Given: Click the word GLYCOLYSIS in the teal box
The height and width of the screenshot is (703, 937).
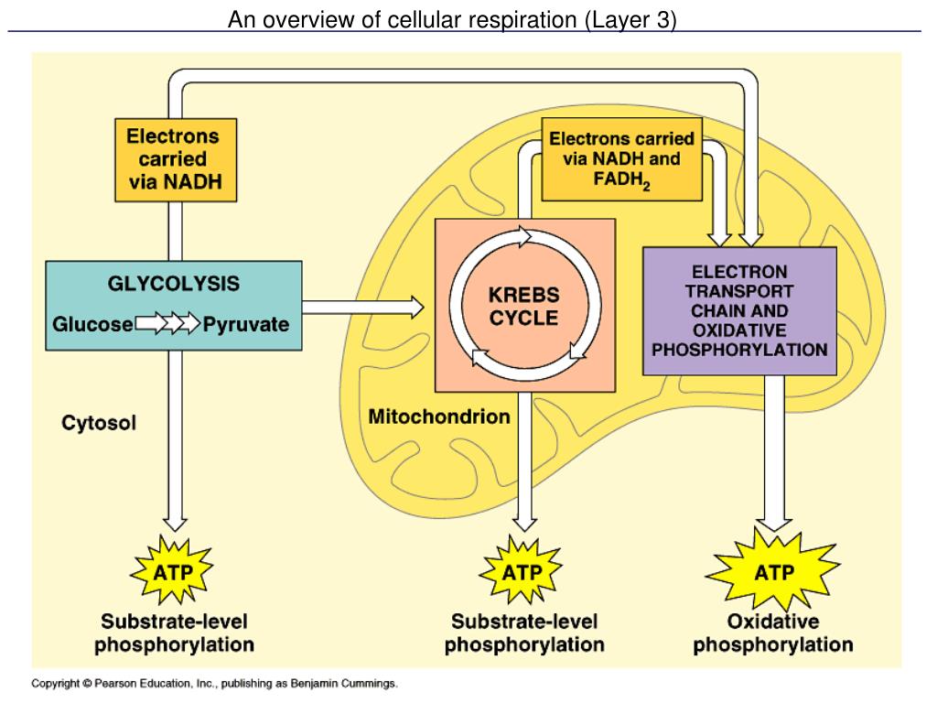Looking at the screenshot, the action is (173, 284).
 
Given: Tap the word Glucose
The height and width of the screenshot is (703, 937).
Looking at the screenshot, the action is (92, 324).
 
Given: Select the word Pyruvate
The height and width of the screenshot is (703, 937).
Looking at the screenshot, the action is (245, 324).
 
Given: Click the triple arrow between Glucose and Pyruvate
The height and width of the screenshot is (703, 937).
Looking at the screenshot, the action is (168, 323).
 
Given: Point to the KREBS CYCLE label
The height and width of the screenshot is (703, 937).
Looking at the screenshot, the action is (524, 306).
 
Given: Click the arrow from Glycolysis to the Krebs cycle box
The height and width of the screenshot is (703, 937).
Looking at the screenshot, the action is (363, 308).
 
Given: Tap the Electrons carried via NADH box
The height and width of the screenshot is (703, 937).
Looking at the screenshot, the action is (176, 159).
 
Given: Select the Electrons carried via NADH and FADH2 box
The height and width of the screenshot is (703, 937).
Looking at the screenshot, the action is (621, 159).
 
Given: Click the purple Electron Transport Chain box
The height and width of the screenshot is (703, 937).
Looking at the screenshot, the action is (739, 311).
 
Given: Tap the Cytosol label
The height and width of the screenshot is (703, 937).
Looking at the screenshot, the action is (99, 423).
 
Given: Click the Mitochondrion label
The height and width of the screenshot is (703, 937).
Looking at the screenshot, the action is (439, 416).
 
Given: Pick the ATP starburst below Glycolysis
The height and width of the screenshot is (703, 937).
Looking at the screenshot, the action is (172, 571).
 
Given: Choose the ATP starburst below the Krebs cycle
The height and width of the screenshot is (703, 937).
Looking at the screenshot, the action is (521, 571).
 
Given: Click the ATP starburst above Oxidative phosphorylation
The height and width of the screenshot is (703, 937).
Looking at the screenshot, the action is (773, 571).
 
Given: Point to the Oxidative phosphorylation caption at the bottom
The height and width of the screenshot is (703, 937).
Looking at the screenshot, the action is (772, 633).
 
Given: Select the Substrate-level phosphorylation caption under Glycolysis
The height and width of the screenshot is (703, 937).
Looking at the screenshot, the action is (174, 633).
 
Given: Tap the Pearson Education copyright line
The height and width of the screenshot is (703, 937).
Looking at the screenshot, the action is (214, 683).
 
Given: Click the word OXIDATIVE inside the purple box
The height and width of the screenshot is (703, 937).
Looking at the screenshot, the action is (739, 330).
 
